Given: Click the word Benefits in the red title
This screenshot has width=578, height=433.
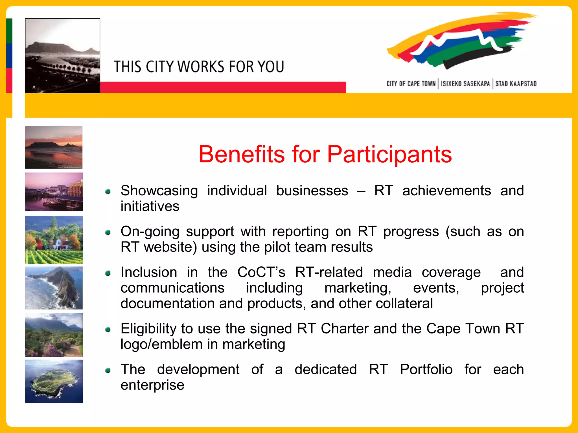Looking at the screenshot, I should click(242, 154).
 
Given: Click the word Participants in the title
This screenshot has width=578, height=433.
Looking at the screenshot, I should click(389, 155).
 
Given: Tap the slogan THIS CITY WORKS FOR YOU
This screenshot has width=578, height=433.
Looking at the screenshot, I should click(199, 67).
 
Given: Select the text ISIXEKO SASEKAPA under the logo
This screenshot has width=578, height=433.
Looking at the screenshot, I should click(465, 84).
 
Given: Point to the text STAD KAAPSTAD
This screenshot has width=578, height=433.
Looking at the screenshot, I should click(516, 84).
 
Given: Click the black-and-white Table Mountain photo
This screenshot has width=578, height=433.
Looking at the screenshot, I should click(62, 56).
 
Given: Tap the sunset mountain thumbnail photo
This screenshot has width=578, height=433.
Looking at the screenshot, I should click(54, 147).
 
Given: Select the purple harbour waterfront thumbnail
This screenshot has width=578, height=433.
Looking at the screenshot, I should click(54, 192).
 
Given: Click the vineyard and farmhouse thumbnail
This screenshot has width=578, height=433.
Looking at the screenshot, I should click(54, 240).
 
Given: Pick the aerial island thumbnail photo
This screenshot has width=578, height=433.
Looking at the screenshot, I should click(54, 381).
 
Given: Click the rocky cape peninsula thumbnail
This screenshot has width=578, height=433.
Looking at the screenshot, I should click(54, 288).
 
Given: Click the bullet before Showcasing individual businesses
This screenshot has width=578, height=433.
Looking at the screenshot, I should click(108, 192).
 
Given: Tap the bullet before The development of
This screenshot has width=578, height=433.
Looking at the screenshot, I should click(108, 370).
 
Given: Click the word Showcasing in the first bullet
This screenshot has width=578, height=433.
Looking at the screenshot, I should click(159, 191).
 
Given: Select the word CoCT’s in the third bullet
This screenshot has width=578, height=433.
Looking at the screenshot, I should click(261, 272).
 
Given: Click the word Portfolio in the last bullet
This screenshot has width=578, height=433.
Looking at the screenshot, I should click(426, 370).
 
